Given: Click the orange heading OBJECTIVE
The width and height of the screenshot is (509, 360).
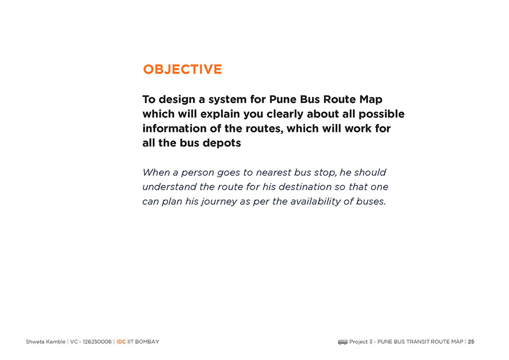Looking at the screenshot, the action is (182, 69).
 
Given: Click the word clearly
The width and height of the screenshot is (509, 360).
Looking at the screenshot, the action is (286, 114).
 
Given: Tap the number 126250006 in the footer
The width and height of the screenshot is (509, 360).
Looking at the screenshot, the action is (97, 342).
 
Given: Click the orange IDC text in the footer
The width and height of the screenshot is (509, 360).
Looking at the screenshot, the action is (121, 342).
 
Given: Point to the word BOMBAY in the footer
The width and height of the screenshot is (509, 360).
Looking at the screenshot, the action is (147, 342).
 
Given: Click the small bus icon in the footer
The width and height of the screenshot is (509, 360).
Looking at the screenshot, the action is (343, 342).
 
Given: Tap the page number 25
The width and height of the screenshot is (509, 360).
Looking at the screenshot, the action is (471, 342).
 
